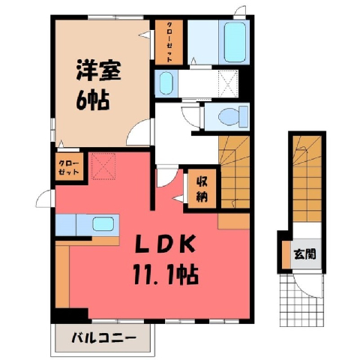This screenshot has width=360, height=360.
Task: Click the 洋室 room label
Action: [98, 70]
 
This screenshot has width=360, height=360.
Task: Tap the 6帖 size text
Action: [92, 100]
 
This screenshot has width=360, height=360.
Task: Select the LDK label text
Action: [165, 244]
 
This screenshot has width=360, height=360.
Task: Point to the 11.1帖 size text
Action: [166, 275]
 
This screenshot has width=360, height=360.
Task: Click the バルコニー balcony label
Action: [104, 338]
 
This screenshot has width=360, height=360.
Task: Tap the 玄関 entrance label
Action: [304, 254]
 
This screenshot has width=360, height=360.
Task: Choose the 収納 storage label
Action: [202, 189]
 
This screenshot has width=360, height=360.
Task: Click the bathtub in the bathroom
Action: [235, 42]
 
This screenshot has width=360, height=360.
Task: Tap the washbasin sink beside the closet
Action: [166, 83]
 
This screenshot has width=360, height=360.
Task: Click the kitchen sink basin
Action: [103, 223]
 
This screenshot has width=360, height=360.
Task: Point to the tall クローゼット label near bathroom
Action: [169, 42]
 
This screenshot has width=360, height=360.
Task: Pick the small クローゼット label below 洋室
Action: [69, 168]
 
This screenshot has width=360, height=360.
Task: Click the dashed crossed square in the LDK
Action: [103, 166]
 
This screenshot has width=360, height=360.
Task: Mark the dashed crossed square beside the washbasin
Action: [228, 83]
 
